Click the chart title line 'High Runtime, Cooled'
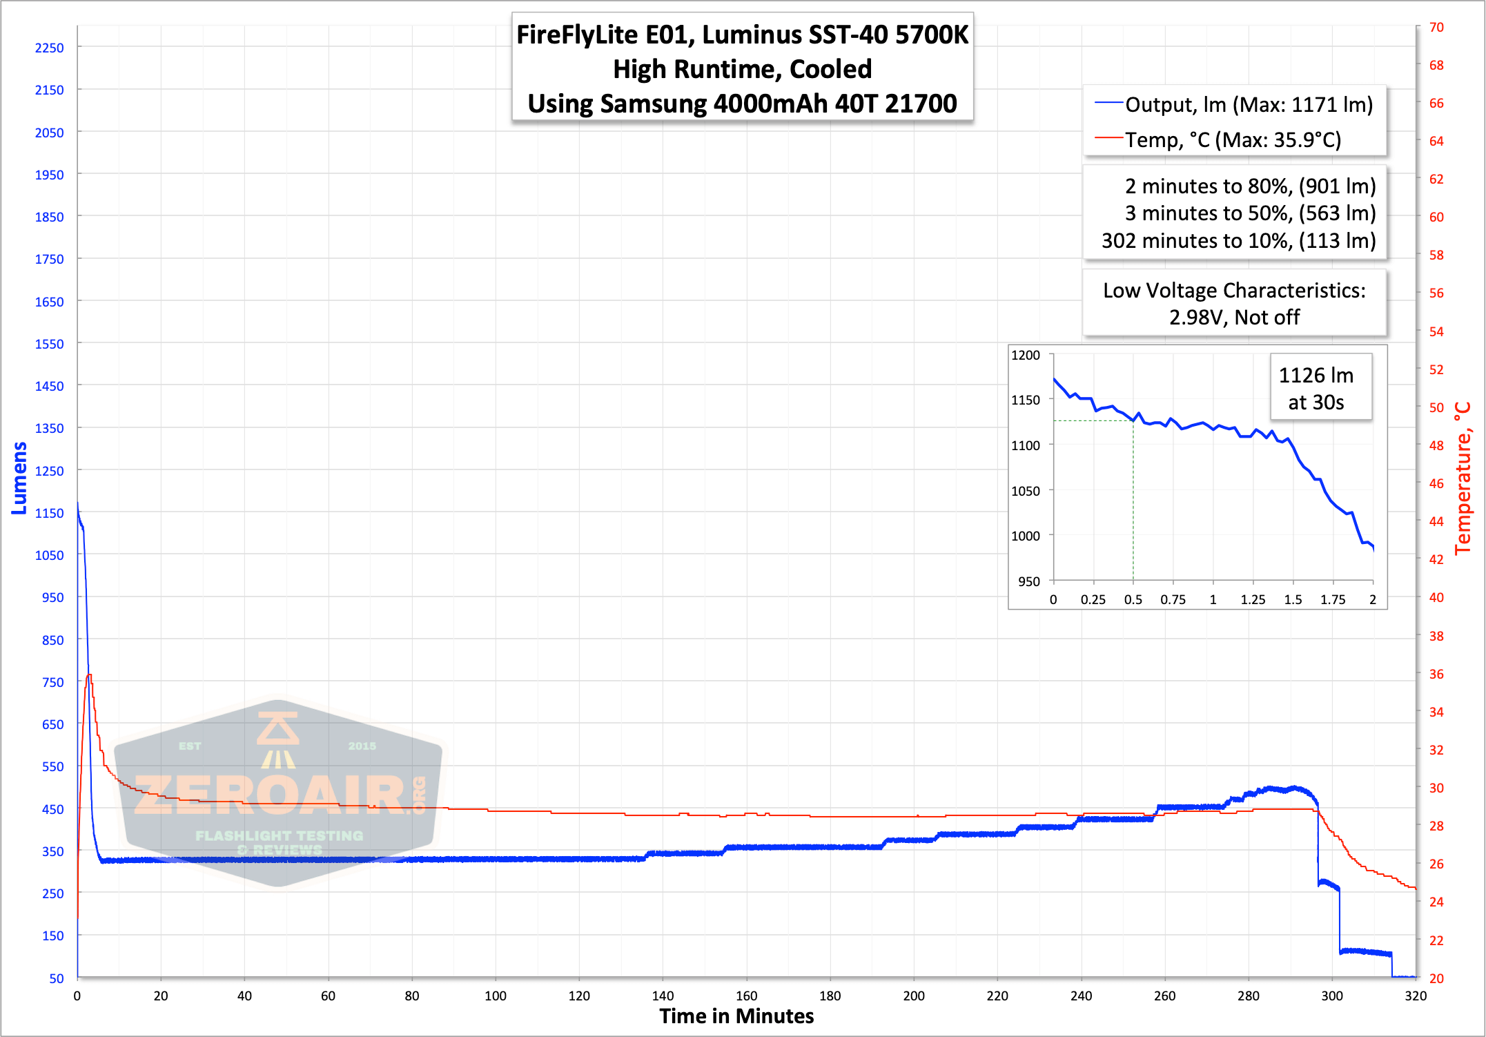tap(742, 69)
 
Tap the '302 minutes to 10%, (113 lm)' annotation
tap(1238, 241)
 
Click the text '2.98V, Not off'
tap(1234, 318)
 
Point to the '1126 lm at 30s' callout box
tap(1316, 388)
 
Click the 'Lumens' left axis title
tap(19, 478)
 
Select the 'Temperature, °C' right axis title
tap(1463, 478)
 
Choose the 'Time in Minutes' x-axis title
tap(736, 1016)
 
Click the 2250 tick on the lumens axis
tap(49, 48)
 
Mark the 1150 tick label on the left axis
tap(49, 513)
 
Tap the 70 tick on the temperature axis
tap(1436, 28)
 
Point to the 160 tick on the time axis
tap(746, 996)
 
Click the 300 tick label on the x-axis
tap(1332, 996)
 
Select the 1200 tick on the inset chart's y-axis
tap(1025, 355)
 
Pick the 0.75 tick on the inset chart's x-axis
tap(1173, 599)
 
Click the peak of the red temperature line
tap(89, 675)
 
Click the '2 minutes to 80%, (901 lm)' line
tap(1250, 186)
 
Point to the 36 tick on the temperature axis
tap(1436, 674)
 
